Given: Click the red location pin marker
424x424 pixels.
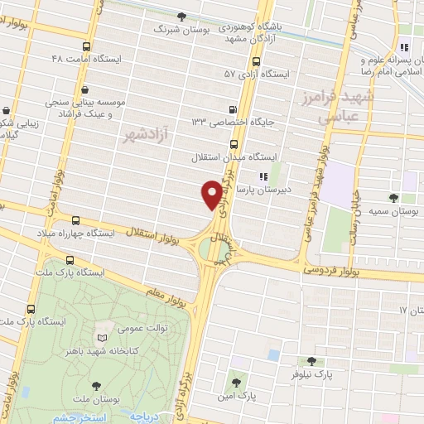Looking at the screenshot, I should (211, 195).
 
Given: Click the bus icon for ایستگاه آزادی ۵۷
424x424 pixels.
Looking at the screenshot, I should (255, 61).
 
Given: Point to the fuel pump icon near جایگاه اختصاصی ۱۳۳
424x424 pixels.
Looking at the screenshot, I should (233, 109).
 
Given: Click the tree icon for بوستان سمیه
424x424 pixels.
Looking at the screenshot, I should (393, 197).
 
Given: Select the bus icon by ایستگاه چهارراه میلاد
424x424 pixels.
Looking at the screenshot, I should (76, 220).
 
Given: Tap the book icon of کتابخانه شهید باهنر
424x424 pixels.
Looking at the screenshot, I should (102, 339).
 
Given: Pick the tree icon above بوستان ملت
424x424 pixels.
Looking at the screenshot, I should (97, 385).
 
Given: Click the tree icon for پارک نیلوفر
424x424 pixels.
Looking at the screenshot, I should (311, 361).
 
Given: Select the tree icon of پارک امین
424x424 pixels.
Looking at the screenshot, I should (237, 382).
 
